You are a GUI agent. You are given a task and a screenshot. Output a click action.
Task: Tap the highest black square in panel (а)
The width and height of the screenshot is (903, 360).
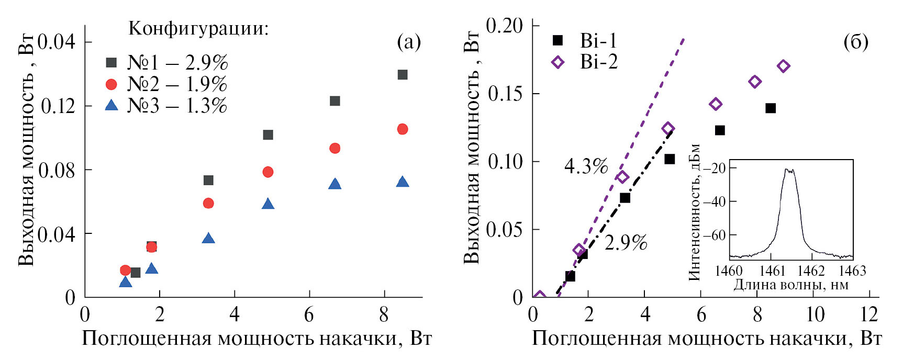click(402, 75)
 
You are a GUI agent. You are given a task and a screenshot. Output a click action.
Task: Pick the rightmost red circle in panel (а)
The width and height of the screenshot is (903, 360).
click(402, 129)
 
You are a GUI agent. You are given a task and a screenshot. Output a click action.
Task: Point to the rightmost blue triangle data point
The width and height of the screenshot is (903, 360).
click(402, 182)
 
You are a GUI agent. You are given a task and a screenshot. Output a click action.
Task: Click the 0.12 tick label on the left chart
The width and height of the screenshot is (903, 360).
click(58, 106)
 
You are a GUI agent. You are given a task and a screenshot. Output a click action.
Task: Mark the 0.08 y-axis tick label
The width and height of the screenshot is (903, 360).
click(58, 170)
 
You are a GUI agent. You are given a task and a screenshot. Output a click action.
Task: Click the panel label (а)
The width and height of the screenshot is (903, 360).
click(408, 42)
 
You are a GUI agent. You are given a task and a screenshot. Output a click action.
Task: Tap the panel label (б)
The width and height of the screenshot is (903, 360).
click(855, 42)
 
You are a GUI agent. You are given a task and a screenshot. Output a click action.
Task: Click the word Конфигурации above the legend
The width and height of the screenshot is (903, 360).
click(198, 28)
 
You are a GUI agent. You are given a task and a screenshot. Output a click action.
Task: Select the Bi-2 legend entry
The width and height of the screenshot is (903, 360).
click(598, 62)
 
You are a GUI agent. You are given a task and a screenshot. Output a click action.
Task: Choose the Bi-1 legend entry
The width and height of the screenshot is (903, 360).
click(598, 41)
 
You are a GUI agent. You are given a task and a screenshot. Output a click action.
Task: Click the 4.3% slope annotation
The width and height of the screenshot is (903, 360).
click(586, 166)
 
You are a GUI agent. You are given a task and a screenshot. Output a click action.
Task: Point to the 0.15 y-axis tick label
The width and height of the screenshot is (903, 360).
click(505, 94)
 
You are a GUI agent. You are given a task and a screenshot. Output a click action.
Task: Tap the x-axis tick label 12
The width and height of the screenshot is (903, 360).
click(868, 314)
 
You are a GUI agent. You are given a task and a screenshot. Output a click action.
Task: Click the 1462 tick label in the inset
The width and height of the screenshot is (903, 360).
click(811, 271)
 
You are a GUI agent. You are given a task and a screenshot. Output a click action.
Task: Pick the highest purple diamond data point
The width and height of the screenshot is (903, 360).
click(783, 66)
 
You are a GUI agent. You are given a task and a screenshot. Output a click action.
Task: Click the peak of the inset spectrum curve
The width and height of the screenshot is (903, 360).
click(789, 170)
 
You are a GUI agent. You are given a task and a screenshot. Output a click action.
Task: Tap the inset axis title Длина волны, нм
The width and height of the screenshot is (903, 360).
click(790, 285)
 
